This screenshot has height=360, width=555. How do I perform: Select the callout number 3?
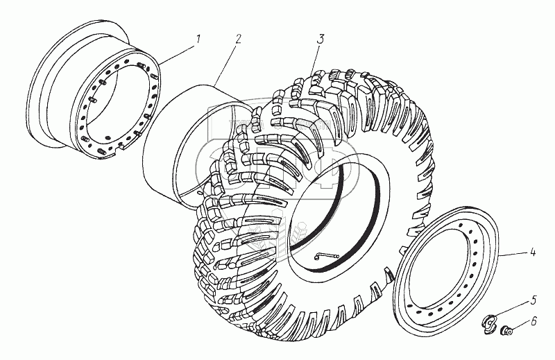(321, 39)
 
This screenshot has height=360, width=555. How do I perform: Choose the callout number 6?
(532, 322)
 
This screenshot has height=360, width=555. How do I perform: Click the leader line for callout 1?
(177, 51)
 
